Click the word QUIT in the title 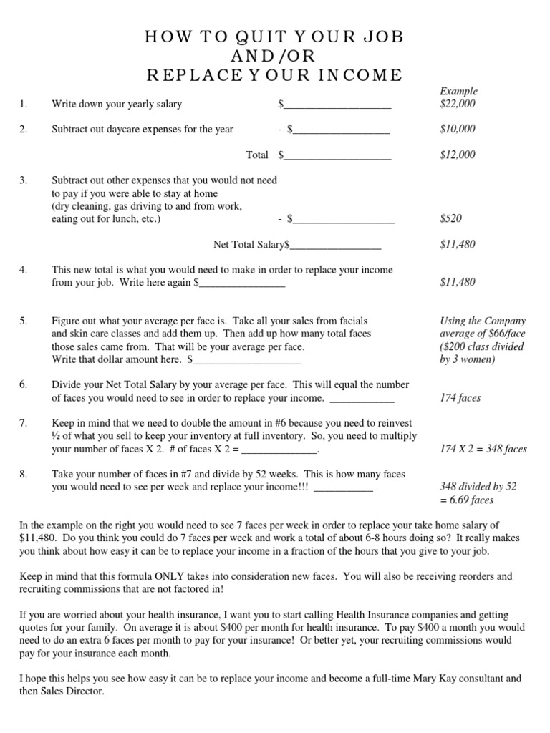click(228, 38)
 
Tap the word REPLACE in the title click(192, 75)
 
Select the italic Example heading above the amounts click(458, 91)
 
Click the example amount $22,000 click(457, 104)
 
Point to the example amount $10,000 click(457, 129)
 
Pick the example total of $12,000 click(457, 155)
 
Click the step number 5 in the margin click(24, 321)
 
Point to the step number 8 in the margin click(24, 474)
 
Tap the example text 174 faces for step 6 click(460, 397)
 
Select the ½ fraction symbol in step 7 click(56, 437)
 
